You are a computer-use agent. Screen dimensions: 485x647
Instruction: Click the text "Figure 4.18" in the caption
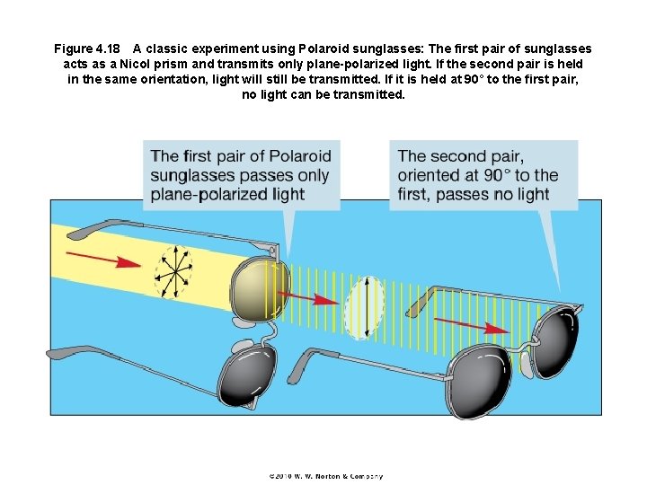click(x=85, y=48)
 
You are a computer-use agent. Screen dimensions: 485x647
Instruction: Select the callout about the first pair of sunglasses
click(x=240, y=175)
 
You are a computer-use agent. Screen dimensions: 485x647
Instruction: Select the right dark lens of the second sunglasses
click(x=558, y=343)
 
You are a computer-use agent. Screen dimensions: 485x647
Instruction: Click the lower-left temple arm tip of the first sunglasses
click(x=56, y=353)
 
